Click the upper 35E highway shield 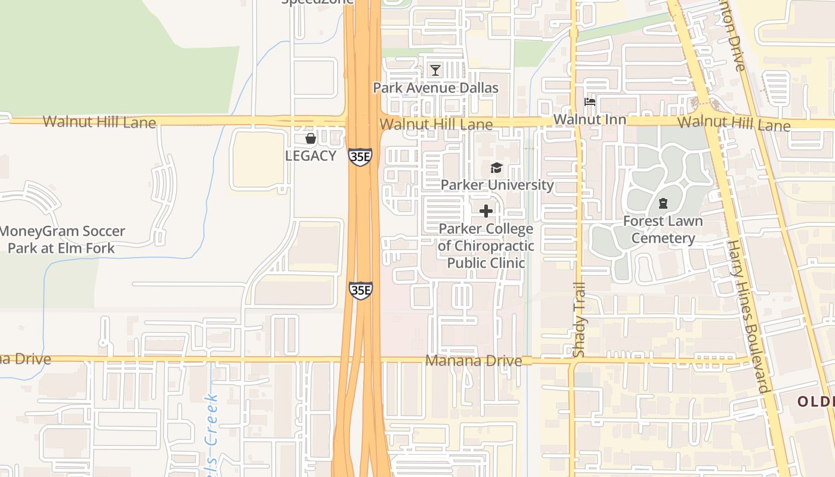[x=360, y=157]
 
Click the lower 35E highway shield [x=361, y=290]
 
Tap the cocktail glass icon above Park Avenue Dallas [x=435, y=70]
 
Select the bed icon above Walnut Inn [x=590, y=102]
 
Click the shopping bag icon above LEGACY [x=310, y=139]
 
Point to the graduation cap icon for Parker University [x=496, y=168]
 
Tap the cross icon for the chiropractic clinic [x=486, y=211]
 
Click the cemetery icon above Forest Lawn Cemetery [x=663, y=204]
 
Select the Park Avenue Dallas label [x=435, y=88]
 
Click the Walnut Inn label [x=590, y=120]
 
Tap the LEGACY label [x=310, y=156]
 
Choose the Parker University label [x=497, y=185]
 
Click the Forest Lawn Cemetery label [x=663, y=230]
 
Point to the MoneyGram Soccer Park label [x=62, y=239]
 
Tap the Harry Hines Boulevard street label [x=747, y=316]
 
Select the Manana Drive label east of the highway [x=474, y=361]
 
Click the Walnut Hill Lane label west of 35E [x=99, y=122]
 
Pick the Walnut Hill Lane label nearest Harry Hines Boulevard [x=734, y=124]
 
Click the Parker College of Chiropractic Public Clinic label [x=485, y=246]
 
